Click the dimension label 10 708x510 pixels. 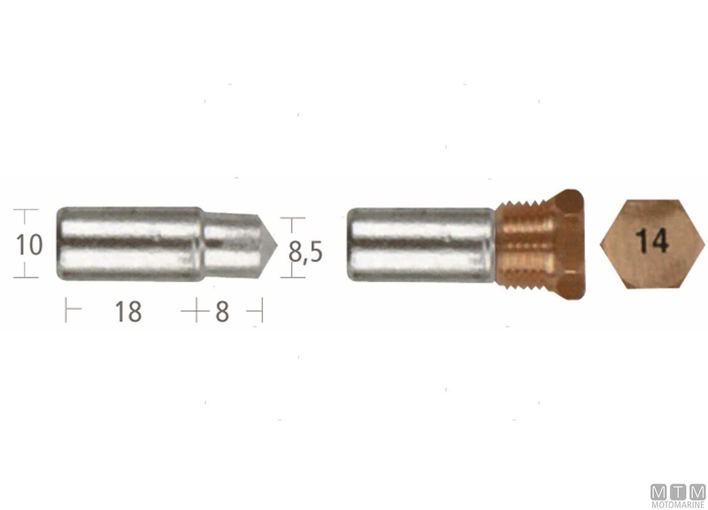coord(29,245)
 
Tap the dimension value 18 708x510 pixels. coord(129,312)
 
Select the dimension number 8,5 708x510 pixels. coord(306,251)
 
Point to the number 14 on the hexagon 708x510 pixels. coord(651,241)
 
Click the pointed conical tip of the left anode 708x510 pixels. coord(268,246)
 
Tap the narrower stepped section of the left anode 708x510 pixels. coord(232,246)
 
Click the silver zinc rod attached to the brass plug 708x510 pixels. coord(421,244)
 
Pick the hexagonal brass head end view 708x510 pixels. coord(653,244)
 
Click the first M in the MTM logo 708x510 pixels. coord(659,492)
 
